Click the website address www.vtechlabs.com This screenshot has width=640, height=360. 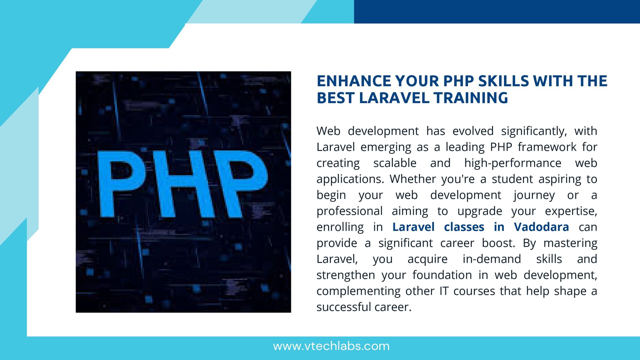(x=331, y=346)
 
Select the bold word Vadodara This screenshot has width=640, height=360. (x=541, y=227)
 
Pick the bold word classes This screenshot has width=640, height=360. (x=464, y=227)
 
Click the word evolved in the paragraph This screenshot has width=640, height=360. (x=473, y=131)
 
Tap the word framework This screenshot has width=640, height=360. (x=547, y=147)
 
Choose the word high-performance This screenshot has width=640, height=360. (x=513, y=163)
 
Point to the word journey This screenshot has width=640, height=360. (x=534, y=195)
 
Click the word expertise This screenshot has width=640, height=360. (x=571, y=211)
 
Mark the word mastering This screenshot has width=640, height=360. (x=570, y=243)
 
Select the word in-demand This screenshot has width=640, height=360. (x=492, y=259)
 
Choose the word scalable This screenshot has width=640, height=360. (x=395, y=163)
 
